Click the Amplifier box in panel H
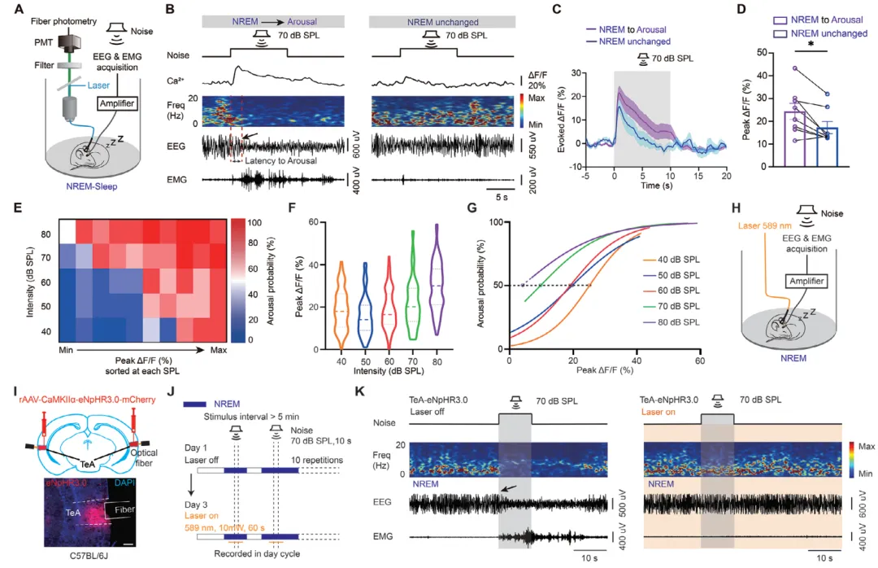coord(805,282)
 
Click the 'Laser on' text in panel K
coord(663,412)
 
